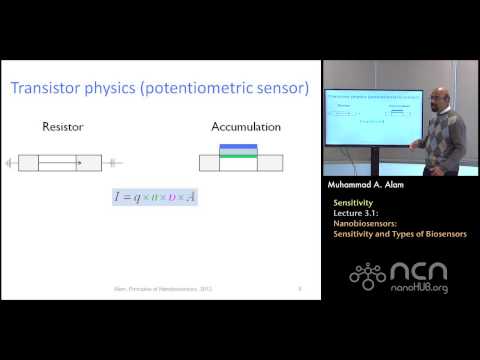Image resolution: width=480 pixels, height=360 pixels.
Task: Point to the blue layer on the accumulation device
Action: [238, 147]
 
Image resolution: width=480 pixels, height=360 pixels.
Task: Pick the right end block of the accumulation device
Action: [269, 163]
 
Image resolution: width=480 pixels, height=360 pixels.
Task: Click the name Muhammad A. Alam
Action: [368, 185]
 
